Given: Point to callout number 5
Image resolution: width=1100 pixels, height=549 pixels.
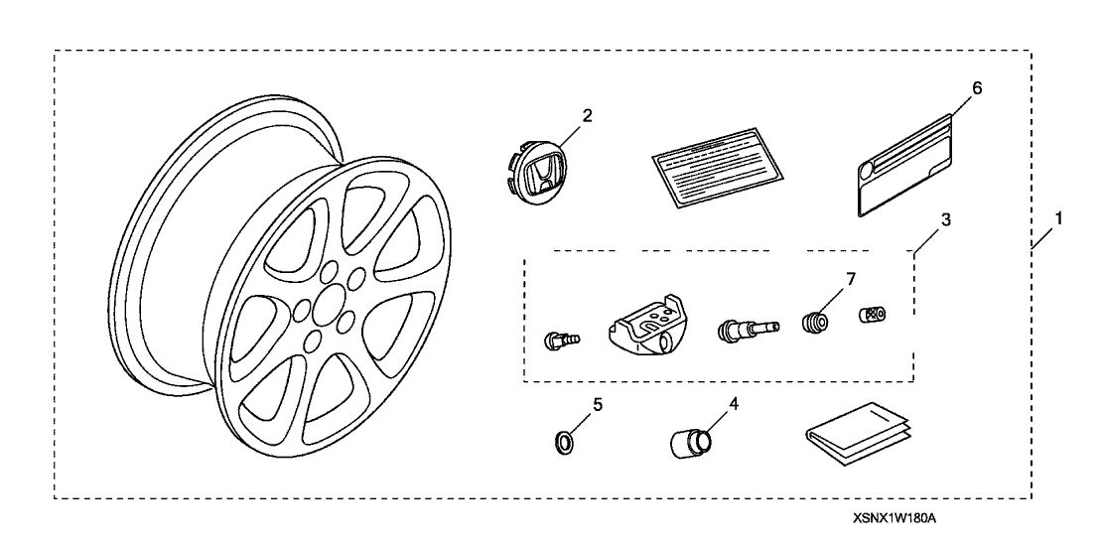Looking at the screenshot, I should pos(569,404).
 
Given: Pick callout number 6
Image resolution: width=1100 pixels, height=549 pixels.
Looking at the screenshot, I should pos(977,87).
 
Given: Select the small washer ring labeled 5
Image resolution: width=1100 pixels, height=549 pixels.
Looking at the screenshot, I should pos(563,441).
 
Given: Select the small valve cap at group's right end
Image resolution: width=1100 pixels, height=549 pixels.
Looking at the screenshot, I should pos(872,315).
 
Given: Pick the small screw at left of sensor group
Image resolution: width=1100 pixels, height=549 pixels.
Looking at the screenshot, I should pos(562,341).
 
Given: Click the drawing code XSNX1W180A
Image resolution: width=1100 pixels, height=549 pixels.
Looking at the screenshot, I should pos(894,519).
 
